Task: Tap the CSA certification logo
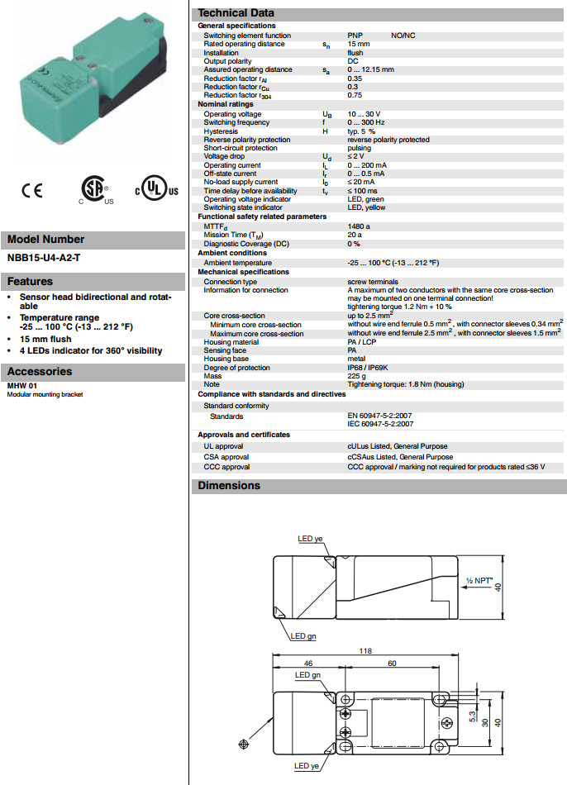94,189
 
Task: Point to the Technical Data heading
236,13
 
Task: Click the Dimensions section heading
229,485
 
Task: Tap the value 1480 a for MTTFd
359,225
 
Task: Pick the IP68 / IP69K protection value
369,367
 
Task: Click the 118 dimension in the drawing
364,649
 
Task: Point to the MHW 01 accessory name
21,386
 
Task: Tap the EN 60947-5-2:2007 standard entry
380,416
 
